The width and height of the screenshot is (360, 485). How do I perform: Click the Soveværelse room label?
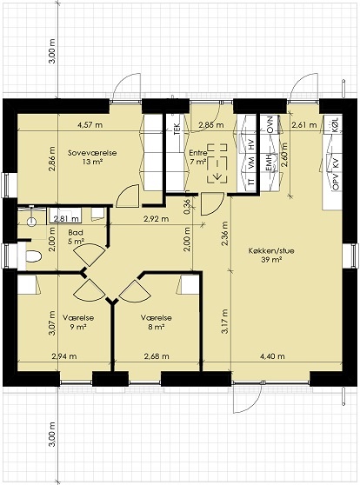tap(92, 153)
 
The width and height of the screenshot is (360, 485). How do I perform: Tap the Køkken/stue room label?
tap(271, 250)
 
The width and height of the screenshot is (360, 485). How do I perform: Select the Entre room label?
tap(198, 153)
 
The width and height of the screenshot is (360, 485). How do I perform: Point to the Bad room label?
tap(76, 233)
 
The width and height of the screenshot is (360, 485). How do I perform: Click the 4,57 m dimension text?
tap(90, 125)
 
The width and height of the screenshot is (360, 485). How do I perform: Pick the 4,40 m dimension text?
tap(272, 356)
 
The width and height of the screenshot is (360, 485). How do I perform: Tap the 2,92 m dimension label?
tap(157, 219)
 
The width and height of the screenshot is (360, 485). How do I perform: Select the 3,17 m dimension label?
tap(225, 321)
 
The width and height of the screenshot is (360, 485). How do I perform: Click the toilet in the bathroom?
tap(32, 256)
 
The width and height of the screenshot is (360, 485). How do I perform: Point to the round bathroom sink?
tap(31, 222)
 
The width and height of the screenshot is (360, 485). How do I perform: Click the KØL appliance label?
tap(336, 125)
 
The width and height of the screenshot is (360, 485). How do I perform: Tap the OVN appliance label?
tap(270, 124)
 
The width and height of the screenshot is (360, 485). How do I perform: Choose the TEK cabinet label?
tap(177, 129)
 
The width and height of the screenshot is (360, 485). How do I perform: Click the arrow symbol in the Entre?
tap(217, 176)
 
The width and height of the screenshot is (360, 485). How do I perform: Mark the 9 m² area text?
tap(78, 328)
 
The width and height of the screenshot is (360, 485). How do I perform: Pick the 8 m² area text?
tap(156, 328)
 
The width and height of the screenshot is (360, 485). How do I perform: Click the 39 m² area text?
tap(271, 260)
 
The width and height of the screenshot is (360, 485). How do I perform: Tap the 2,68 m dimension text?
tap(157, 356)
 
